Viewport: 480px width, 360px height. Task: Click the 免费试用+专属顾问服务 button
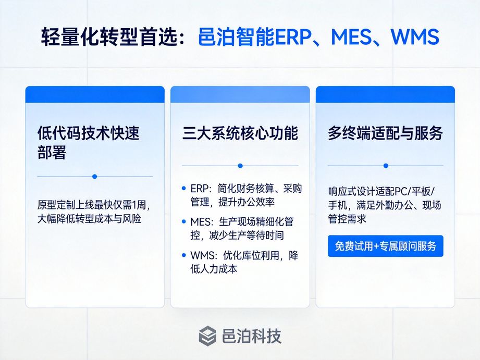(x=386, y=246)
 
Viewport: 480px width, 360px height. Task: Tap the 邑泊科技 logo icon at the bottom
(x=207, y=336)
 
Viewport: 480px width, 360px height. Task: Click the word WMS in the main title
(x=414, y=37)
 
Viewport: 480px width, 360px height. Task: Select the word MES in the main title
(x=348, y=37)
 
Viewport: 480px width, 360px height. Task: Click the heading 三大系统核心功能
(x=240, y=133)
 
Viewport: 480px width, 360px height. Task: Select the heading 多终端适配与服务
(x=385, y=133)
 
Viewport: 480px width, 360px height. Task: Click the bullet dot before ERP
(x=183, y=188)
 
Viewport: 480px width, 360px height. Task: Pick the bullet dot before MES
(x=183, y=221)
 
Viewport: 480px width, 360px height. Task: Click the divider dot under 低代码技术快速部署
(x=94, y=177)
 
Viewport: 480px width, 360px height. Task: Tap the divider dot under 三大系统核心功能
(x=240, y=166)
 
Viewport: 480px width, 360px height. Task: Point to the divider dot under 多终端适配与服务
(x=386, y=166)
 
